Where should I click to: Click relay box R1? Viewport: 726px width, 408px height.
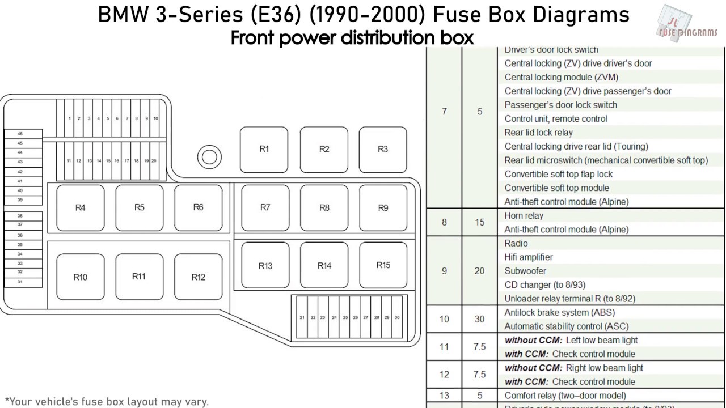click(264, 150)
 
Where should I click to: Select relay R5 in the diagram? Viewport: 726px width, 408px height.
click(139, 207)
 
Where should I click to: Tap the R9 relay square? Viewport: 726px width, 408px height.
click(383, 208)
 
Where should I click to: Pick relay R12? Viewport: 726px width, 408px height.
click(198, 277)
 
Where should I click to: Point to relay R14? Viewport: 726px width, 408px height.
click(324, 265)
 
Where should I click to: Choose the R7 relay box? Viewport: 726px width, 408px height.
click(265, 207)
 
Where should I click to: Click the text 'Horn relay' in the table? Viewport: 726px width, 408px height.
click(524, 216)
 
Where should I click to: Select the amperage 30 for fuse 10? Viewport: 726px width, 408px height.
click(480, 319)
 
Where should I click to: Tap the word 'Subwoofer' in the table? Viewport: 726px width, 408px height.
click(525, 271)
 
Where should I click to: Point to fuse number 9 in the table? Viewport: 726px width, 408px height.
click(444, 271)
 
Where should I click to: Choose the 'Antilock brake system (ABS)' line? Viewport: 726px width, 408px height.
click(559, 312)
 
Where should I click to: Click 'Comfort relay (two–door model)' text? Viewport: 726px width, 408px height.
click(565, 396)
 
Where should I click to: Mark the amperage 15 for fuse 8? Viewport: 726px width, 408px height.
click(480, 223)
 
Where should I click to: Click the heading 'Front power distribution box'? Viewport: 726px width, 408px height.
click(352, 38)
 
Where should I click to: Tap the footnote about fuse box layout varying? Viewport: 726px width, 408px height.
click(107, 402)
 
